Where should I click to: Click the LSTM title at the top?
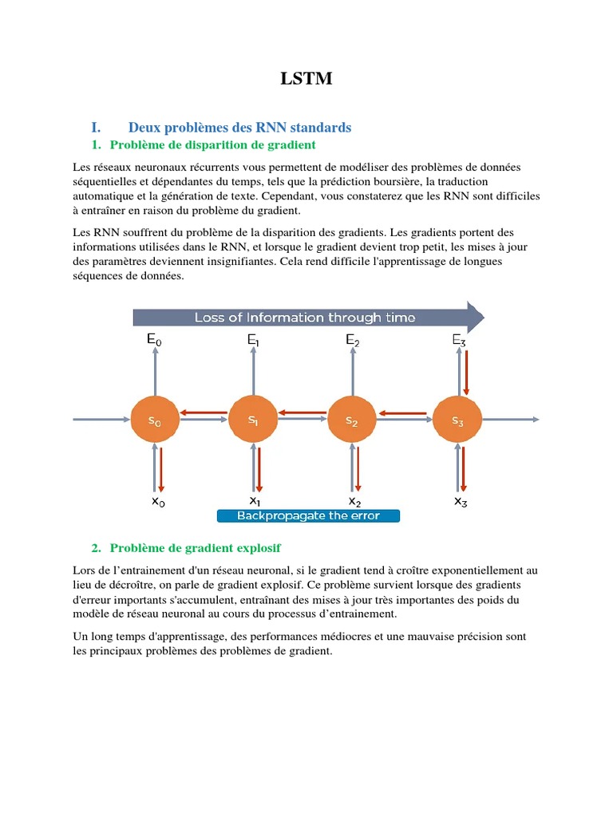(x=306, y=78)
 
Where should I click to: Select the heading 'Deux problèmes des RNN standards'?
(x=239, y=128)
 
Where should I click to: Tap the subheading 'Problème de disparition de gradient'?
(x=212, y=144)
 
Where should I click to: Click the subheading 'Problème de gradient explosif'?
(x=195, y=548)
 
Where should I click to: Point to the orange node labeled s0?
(x=154, y=420)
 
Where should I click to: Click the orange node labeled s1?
(x=254, y=420)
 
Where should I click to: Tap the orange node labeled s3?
(x=457, y=420)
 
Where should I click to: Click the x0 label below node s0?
(x=158, y=502)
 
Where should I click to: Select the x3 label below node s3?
(x=461, y=502)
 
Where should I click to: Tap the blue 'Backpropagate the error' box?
(x=308, y=515)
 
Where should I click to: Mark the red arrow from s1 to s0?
(x=203, y=412)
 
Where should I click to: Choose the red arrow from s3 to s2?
(x=405, y=412)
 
